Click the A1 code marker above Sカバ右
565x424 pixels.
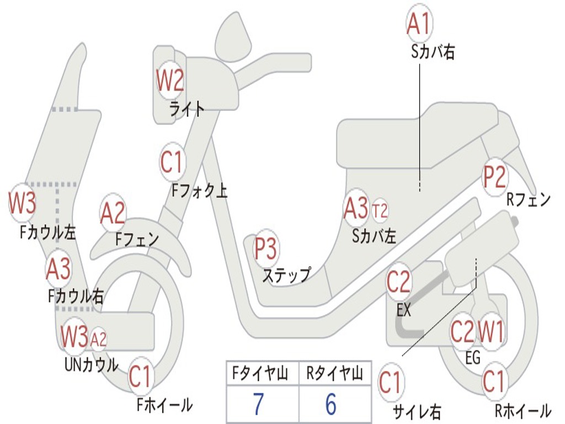[418, 23]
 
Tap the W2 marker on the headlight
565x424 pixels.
[169, 81]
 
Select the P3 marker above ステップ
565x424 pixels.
[265, 249]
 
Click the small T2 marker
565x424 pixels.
[380, 210]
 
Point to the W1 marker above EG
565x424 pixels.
[491, 332]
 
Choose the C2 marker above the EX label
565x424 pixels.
[398, 283]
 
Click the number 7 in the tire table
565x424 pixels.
[258, 405]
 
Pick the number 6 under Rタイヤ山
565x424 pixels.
[331, 405]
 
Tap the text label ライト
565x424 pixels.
[187, 109]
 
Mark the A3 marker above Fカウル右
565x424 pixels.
[58, 269]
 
